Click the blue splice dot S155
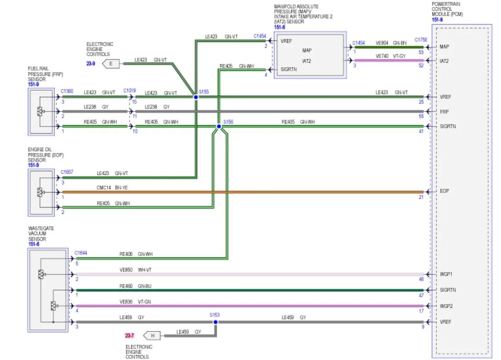tap(196, 97)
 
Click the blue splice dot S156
tap(219, 127)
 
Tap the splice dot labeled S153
tap(215, 322)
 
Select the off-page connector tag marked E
tap(111, 64)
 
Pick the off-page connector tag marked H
tap(152, 336)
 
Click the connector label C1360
tap(67, 91)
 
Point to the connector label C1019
tap(129, 91)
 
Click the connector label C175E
tap(421, 40)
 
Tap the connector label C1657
tap(67, 172)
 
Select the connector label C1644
tap(81, 253)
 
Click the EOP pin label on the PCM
tap(444, 191)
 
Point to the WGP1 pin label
tap(446, 274)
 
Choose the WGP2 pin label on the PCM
tap(446, 306)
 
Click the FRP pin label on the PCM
tap(444, 112)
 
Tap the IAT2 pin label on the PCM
tap(444, 61)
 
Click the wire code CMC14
tap(104, 188)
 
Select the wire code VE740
tap(382, 56)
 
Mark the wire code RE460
tap(126, 286)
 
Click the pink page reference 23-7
tap(129, 336)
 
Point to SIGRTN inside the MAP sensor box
tap(288, 69)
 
